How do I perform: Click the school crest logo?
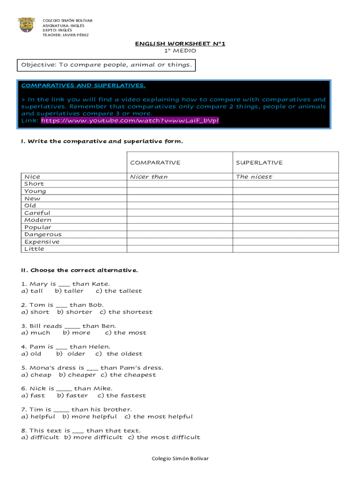click(x=26, y=25)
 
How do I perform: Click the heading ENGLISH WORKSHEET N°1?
click(x=180, y=44)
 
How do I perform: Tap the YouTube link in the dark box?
click(x=130, y=121)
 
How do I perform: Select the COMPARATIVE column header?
click(x=155, y=163)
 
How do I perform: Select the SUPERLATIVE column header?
click(x=259, y=163)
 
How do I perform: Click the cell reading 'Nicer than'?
click(x=149, y=177)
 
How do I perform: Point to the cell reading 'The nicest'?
click(x=254, y=177)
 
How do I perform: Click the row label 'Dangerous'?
click(x=43, y=234)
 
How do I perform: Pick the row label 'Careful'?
click(x=37, y=213)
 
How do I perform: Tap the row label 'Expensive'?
click(x=42, y=242)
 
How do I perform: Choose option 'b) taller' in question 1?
click(x=69, y=291)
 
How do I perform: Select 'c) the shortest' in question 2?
click(x=126, y=312)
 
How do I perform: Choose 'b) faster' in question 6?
click(x=72, y=396)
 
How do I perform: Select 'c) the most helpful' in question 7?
click(x=158, y=417)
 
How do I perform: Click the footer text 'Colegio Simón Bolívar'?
click(x=180, y=458)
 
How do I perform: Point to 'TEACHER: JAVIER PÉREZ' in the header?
click(x=65, y=35)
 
